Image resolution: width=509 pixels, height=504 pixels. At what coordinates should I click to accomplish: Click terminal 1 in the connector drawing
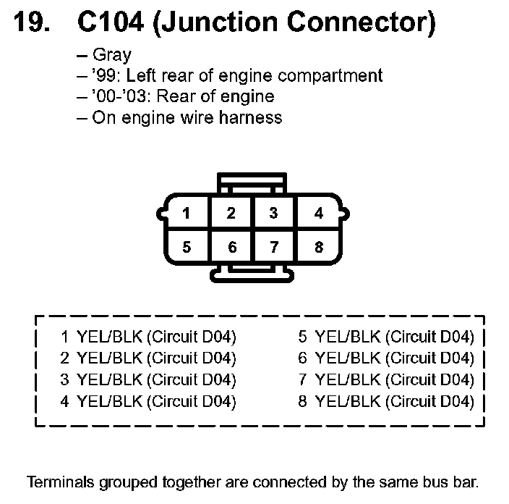pos(187,214)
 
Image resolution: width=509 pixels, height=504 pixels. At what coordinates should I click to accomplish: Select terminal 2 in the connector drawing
pos(231,214)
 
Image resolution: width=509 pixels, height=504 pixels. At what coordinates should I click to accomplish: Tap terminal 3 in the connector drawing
pos(273,214)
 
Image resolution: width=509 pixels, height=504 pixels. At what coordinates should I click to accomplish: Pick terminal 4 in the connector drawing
pos(318,214)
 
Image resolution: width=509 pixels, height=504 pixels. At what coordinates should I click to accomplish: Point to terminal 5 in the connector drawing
pos(187,247)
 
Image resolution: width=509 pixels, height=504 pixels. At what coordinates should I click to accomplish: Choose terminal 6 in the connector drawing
pos(231,247)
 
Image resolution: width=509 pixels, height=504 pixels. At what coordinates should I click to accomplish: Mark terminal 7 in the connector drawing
pos(273,247)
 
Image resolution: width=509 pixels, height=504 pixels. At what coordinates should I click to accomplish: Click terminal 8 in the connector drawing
pos(318,247)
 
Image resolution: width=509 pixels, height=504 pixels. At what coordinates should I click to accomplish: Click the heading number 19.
pos(33,24)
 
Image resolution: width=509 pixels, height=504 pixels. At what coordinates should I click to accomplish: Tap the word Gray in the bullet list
pos(112,56)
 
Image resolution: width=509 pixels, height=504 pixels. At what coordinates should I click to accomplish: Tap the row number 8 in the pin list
pos(303,401)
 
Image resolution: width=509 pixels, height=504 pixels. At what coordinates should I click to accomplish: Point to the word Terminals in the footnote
pos(58,482)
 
